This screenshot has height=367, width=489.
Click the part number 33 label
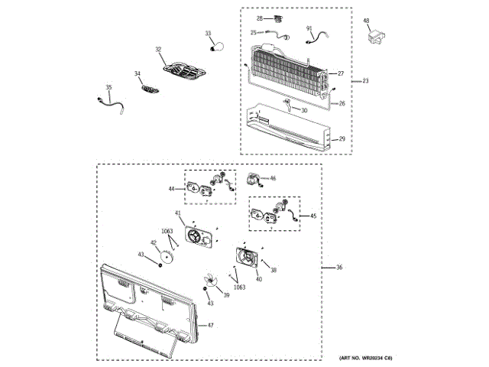208,34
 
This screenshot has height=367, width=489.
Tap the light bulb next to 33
216,47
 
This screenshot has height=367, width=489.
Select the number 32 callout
158,50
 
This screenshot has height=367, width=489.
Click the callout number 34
138,74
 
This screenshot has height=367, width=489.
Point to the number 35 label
108,88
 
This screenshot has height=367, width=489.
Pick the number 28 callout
259,18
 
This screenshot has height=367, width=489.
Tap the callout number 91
309,28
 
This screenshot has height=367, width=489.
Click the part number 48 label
366,21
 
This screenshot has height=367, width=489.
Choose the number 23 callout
365,81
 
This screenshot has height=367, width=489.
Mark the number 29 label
342,138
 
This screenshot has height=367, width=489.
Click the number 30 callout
303,110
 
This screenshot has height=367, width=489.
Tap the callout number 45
313,216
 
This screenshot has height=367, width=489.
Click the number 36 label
339,268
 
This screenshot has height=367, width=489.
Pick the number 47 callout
210,326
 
